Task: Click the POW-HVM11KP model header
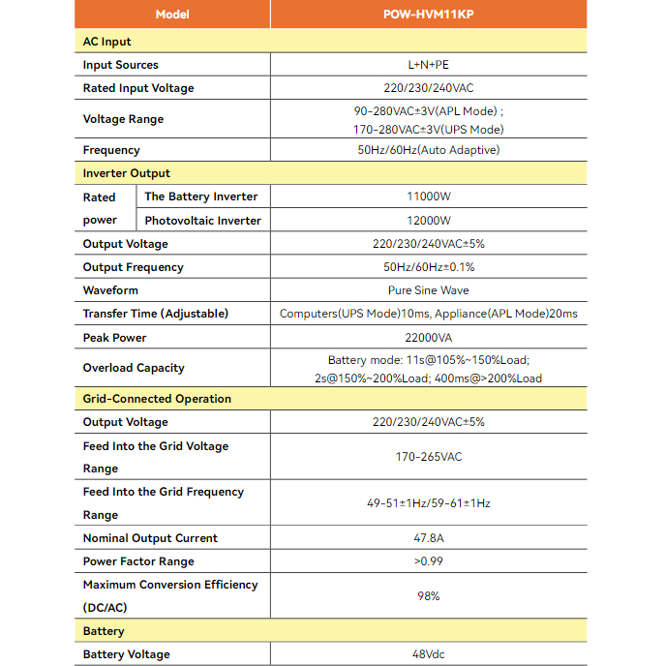coord(428,15)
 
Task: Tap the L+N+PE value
coord(428,65)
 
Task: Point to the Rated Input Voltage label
coord(138,88)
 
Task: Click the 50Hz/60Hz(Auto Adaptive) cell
coord(428,150)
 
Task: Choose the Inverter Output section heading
coord(127,173)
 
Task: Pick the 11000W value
coord(428,197)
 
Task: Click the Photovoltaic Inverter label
coord(203,221)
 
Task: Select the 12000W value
coord(428,221)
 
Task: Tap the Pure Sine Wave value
coord(428,290)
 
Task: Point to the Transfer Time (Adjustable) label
coord(156,314)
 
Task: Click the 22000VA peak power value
coord(428,338)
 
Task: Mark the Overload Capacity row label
coord(134,368)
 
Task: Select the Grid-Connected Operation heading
coord(157,399)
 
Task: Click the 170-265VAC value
coord(428,457)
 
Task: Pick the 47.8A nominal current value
coord(428,538)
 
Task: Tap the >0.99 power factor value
coord(428,561)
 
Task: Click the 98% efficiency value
coord(428,596)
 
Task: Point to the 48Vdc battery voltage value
coord(428,654)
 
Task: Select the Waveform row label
coord(110,290)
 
